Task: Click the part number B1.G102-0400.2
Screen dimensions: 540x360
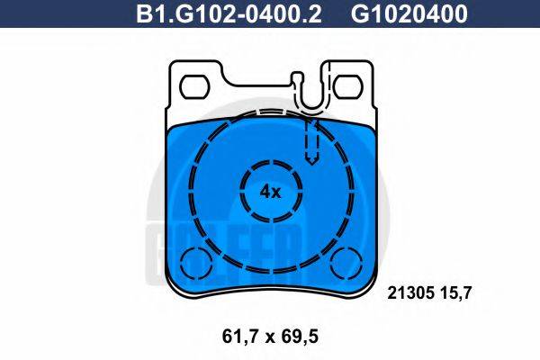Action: pyautogui.click(x=229, y=14)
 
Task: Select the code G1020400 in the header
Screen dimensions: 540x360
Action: pyautogui.click(x=409, y=14)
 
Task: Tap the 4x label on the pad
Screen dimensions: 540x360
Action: pyautogui.click(x=270, y=192)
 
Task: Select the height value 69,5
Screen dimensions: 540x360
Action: pyautogui.click(x=300, y=337)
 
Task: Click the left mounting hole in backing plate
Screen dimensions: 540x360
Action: pyautogui.click(x=195, y=86)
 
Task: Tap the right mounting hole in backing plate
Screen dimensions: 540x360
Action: pyautogui.click(x=348, y=86)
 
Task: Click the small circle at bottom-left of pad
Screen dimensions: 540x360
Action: pyautogui.click(x=195, y=264)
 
